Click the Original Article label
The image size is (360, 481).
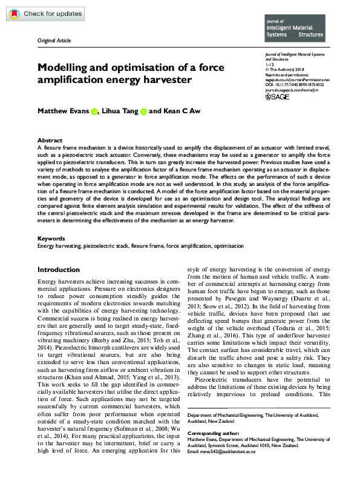[54, 40]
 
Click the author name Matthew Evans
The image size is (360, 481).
[63, 111]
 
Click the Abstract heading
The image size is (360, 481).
[50, 139]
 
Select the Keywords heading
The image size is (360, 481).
[51, 239]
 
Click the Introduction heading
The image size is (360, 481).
[59, 270]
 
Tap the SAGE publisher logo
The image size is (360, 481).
[278, 97]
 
